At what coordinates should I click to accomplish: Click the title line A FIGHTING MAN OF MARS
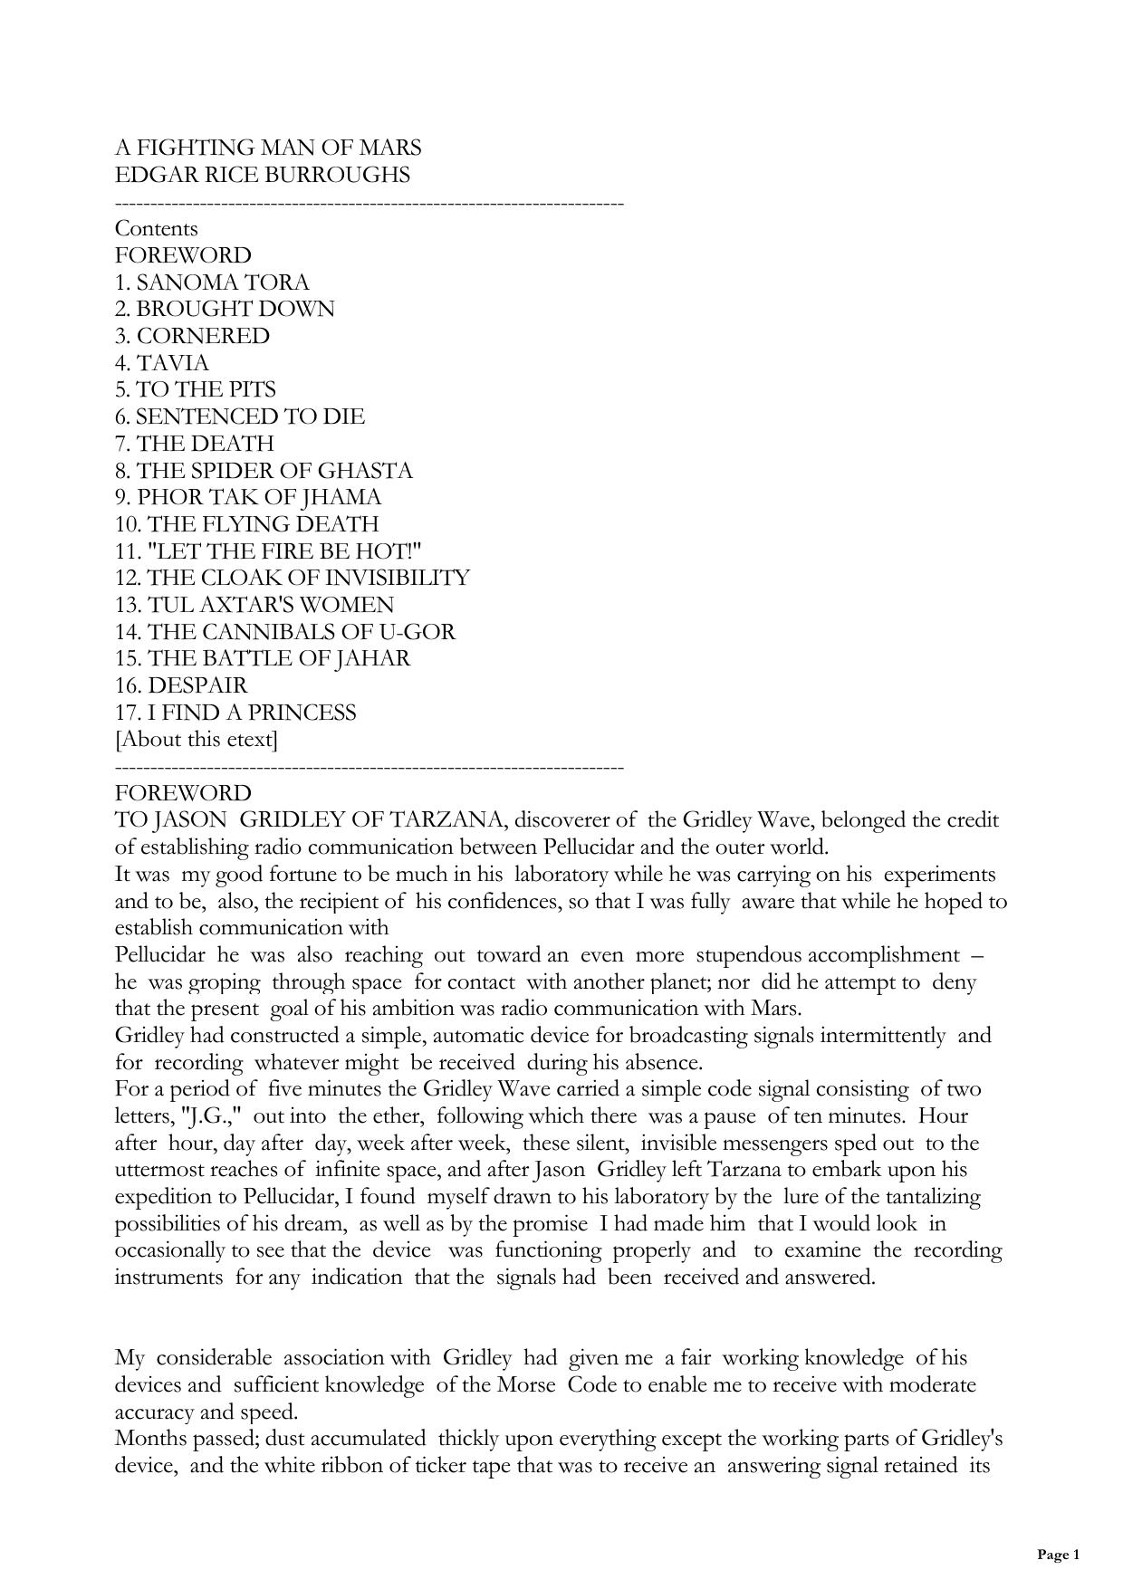(x=268, y=148)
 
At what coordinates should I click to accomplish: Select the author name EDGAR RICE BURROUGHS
(x=263, y=175)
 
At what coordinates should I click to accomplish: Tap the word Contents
(x=156, y=228)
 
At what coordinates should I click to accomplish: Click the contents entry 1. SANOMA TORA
(x=212, y=282)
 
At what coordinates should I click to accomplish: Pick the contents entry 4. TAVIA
(x=162, y=363)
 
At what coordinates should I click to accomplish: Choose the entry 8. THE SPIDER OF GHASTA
(x=264, y=471)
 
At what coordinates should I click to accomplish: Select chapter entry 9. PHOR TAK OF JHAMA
(x=248, y=497)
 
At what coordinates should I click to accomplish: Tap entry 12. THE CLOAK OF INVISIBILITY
(x=293, y=578)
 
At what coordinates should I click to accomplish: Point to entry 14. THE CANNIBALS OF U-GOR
(x=285, y=632)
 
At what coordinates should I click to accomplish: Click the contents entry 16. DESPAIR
(x=181, y=685)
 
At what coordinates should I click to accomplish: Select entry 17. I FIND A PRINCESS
(x=235, y=713)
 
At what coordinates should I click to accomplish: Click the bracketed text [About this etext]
(x=197, y=740)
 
